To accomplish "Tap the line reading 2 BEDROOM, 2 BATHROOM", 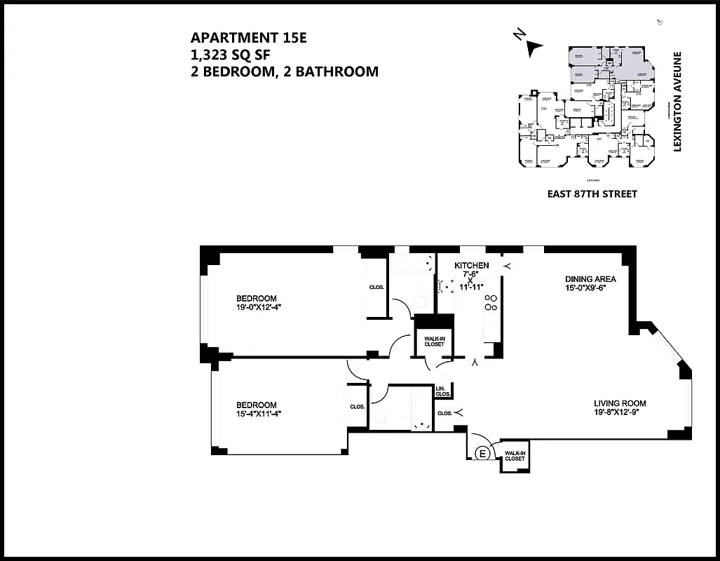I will (x=285, y=71).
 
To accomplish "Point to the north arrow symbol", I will (x=533, y=46).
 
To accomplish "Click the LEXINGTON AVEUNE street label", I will (x=677, y=103).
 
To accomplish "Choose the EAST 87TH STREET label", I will (x=592, y=194).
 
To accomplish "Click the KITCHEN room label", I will (x=471, y=266).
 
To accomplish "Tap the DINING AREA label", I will (x=590, y=278).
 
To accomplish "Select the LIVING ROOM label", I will (x=620, y=403).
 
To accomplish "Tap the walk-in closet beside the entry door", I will (x=515, y=457).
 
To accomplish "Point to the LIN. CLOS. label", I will (x=442, y=391).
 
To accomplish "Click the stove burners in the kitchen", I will (x=491, y=302).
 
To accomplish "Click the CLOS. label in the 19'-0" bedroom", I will (x=376, y=286).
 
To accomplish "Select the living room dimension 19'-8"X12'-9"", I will (x=620, y=413).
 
